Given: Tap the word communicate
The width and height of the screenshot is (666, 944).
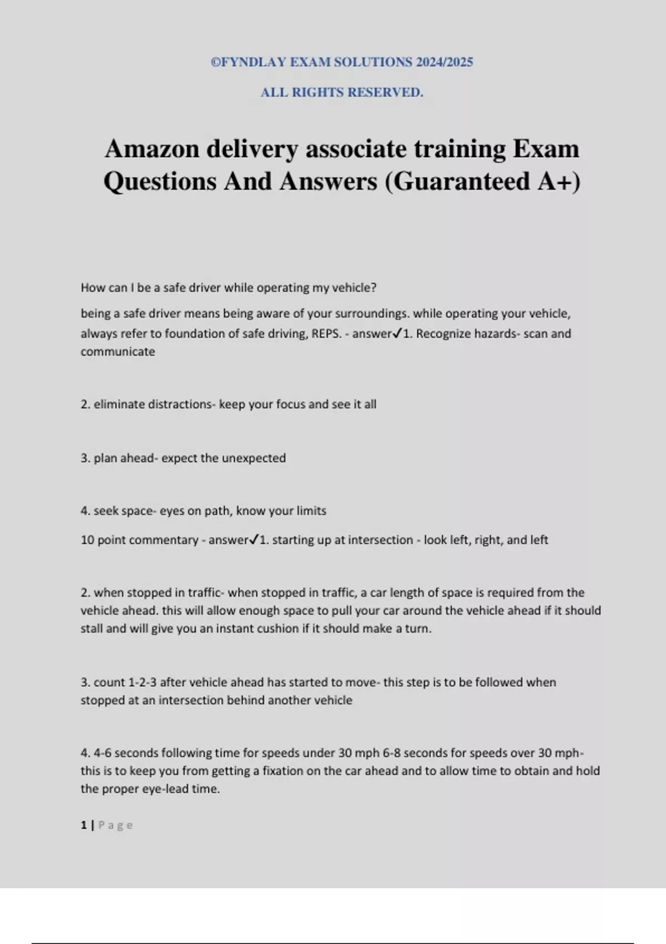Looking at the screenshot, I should click(x=118, y=352).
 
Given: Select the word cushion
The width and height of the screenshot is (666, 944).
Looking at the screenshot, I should click(x=277, y=629).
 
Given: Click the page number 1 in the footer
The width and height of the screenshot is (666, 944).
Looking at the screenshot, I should click(x=84, y=825).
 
